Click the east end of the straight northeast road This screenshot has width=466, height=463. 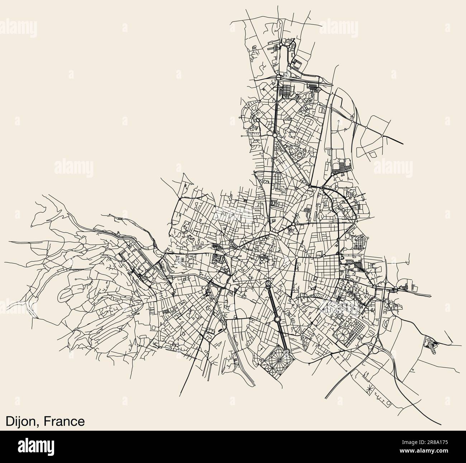[x=403, y=143]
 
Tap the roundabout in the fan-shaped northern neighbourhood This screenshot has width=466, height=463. [x=257, y=120]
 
